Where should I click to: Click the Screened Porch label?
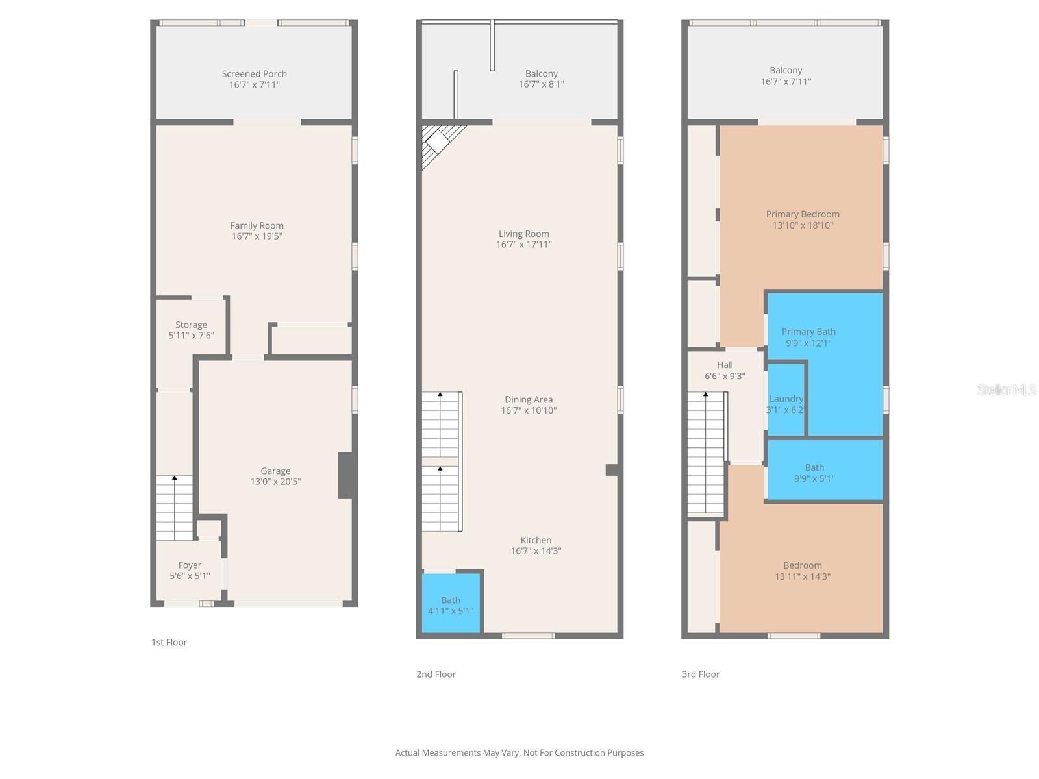(x=254, y=74)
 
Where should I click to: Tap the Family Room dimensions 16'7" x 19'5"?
(x=257, y=236)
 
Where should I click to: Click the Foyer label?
(x=190, y=565)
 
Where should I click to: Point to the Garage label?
(x=275, y=471)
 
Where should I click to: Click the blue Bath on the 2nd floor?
(x=451, y=604)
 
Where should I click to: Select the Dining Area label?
(x=529, y=400)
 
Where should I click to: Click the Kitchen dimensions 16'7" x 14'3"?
(x=536, y=551)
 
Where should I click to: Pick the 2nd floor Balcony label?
(x=541, y=74)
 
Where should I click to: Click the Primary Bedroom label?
(x=803, y=214)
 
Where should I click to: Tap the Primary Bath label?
(x=808, y=332)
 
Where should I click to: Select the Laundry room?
(x=786, y=402)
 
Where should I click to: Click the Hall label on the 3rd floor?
(x=725, y=365)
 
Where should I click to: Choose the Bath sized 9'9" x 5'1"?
(x=814, y=473)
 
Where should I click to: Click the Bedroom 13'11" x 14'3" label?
(x=803, y=566)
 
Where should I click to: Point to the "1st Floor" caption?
(x=169, y=642)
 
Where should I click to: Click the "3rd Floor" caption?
(x=700, y=674)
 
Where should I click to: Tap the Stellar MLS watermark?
(x=1006, y=389)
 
